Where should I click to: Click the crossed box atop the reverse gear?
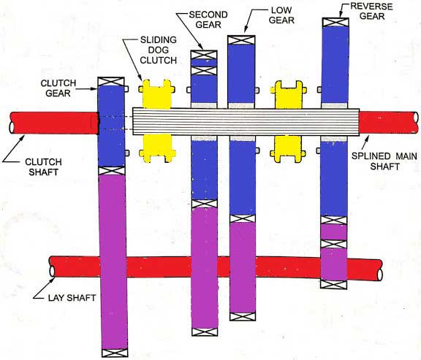point(333,22)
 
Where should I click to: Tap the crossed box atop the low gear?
point(241,40)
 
